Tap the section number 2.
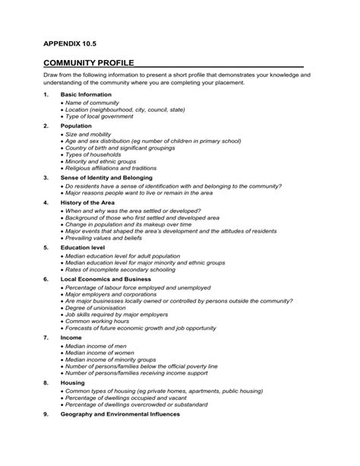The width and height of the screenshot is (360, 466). pyautogui.click(x=46, y=125)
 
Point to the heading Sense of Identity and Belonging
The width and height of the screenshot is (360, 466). pyautogui.click(x=106, y=177)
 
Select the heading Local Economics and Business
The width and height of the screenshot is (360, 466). pyautogui.click(x=106, y=279)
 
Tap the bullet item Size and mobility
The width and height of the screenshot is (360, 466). pyautogui.click(x=90, y=133)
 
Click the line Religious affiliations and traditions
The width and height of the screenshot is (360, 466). pyautogui.click(x=111, y=169)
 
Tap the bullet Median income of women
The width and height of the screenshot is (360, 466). pyautogui.click(x=99, y=352)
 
